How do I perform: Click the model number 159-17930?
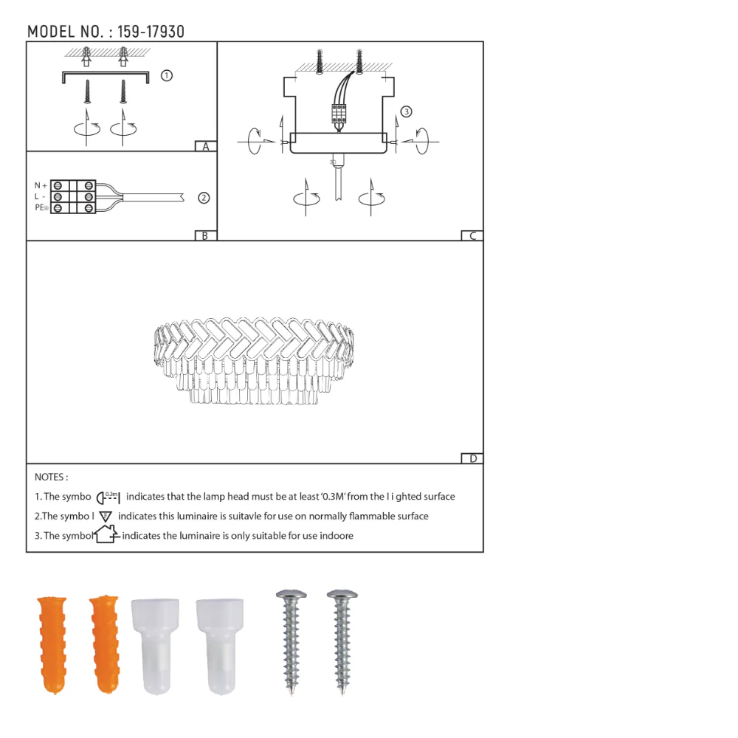tap(151, 32)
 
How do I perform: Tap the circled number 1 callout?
tap(167, 75)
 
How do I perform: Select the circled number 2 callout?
tap(204, 198)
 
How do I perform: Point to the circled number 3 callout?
tap(406, 112)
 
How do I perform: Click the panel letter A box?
tap(206, 146)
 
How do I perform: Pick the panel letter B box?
tap(205, 236)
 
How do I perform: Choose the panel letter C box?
tap(472, 236)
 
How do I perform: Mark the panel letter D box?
tap(472, 458)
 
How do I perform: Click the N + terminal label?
tap(41, 185)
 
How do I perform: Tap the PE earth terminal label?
tap(41, 209)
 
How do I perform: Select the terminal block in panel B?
tap(74, 197)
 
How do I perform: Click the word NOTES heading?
tap(51, 477)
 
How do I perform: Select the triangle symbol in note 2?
tap(106, 516)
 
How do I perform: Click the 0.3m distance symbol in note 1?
tap(108, 497)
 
